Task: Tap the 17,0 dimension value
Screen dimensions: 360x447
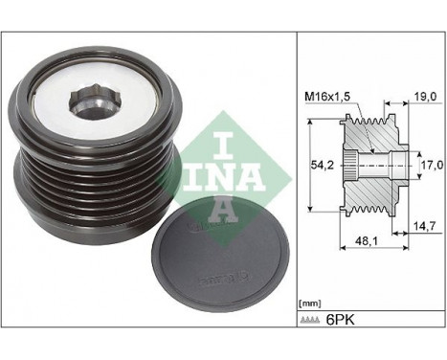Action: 432,165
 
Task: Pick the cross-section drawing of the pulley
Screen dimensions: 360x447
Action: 373,164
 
